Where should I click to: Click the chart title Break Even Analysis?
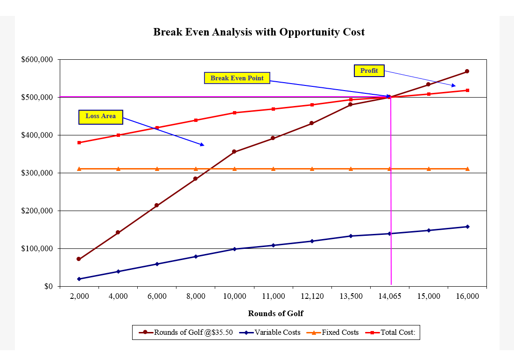pos(259,32)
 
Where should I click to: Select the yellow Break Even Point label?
pos(237,78)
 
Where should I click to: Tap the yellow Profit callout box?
pos(369,71)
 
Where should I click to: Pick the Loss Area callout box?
pos(100,116)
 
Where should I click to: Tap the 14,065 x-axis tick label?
pos(389,296)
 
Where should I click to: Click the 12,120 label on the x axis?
pos(312,296)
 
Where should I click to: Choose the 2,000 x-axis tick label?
pos(79,296)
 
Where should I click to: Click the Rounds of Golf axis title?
pos(275,313)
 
